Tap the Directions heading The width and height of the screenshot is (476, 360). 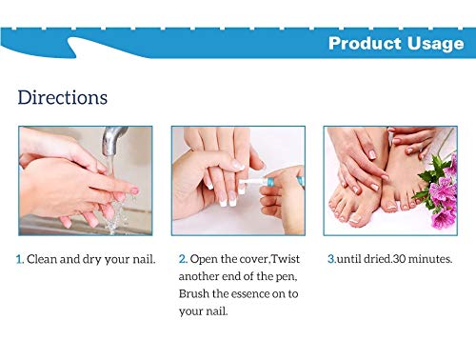coord(62,97)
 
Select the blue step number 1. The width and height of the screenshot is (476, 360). coord(20,258)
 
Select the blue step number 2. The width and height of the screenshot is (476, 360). coord(183,258)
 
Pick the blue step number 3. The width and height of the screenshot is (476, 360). coord(329,258)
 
